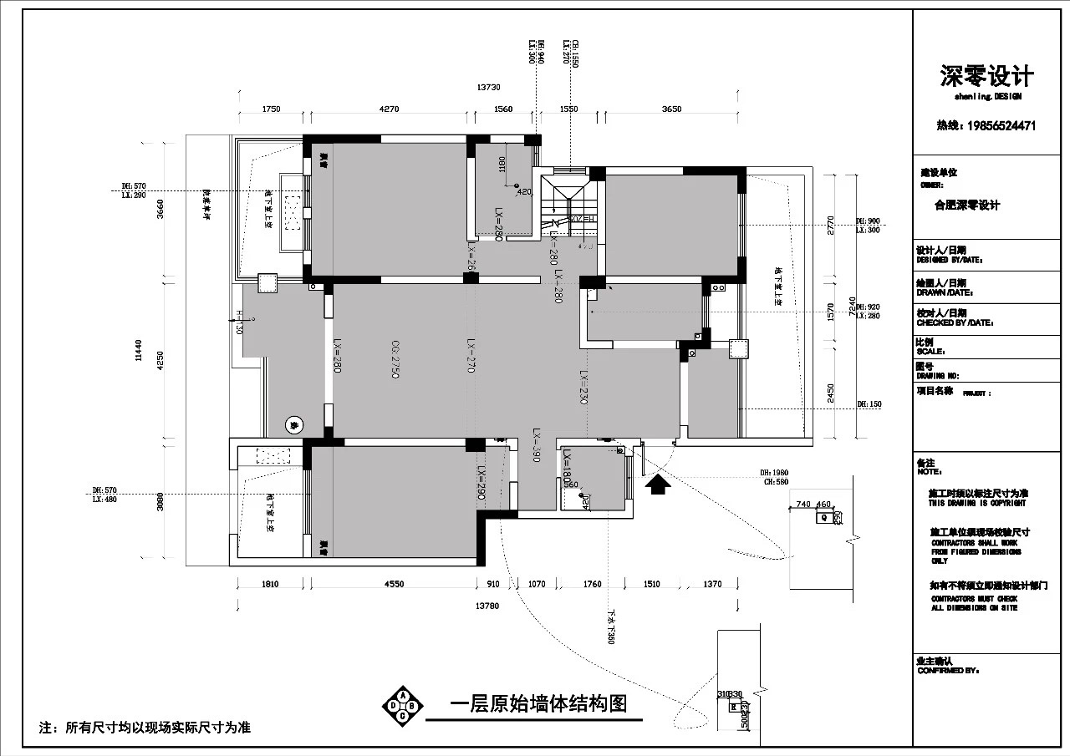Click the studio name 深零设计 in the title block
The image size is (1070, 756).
coord(987,77)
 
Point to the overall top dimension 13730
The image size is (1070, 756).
coord(488,87)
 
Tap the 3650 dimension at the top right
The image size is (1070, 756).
coord(671,109)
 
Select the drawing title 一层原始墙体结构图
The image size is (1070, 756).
coord(538,703)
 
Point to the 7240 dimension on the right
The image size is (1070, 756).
coord(852,307)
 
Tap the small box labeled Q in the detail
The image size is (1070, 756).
coord(823,517)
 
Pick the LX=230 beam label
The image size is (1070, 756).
coord(583,388)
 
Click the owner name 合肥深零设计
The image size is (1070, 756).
coord(967,205)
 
